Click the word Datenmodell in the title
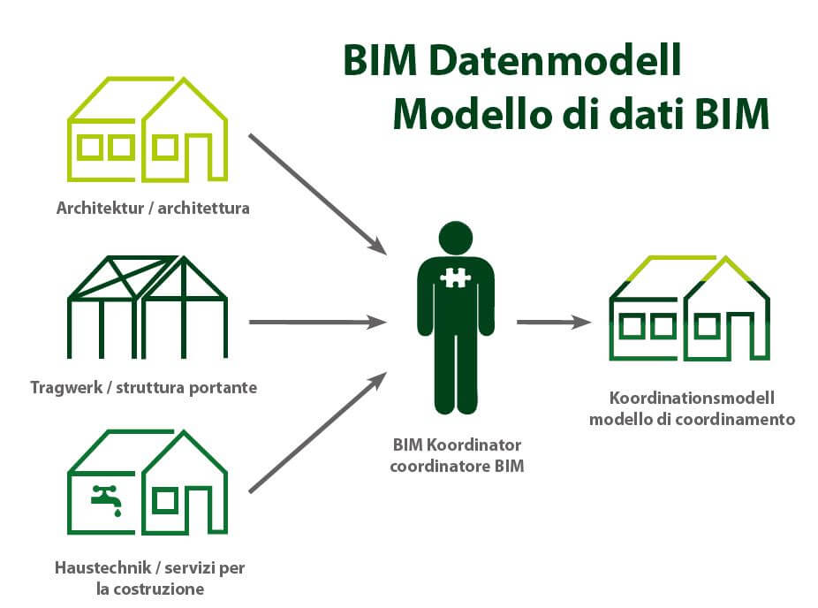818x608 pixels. [555, 60]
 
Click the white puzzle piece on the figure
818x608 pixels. [456, 277]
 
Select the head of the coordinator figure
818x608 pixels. [456, 238]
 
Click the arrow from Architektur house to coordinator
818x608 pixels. [318, 194]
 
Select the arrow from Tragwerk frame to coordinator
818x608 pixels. [318, 322]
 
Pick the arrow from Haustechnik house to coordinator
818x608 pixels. [318, 432]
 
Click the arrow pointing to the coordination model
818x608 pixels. [554, 322]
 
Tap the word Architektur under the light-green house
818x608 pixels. [100, 208]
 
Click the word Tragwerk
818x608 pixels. [66, 388]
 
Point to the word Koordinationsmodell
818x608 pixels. [692, 398]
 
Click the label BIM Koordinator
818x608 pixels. [457, 445]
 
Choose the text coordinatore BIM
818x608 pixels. [457, 466]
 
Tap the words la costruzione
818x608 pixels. [150, 589]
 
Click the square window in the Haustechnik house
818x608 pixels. [165, 501]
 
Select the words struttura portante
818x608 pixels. [186, 388]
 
